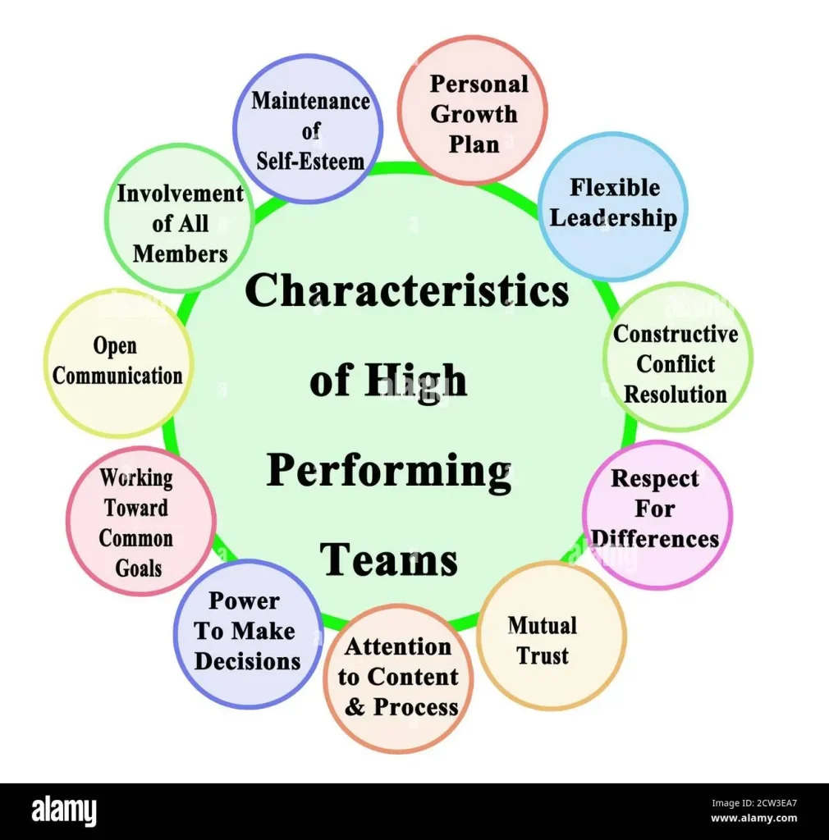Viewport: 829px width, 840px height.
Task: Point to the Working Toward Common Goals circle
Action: coord(140,522)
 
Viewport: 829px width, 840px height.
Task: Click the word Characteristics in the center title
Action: coord(407,291)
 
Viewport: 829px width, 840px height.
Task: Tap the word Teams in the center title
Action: coord(389,560)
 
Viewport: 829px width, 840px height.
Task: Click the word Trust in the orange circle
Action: coord(543,657)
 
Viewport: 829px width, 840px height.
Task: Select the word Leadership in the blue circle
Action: coord(613,218)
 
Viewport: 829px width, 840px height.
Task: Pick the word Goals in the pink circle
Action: coord(139,567)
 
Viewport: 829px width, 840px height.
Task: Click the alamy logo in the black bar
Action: coord(64,811)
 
